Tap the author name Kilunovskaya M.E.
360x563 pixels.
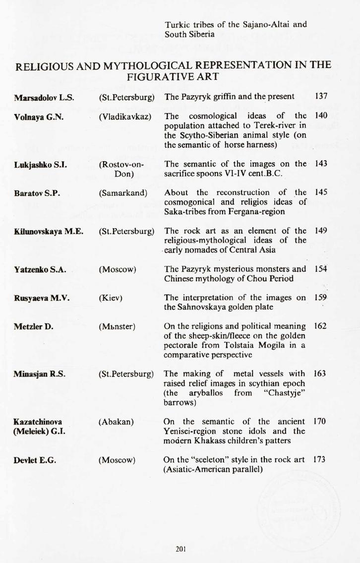(x=48, y=231)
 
